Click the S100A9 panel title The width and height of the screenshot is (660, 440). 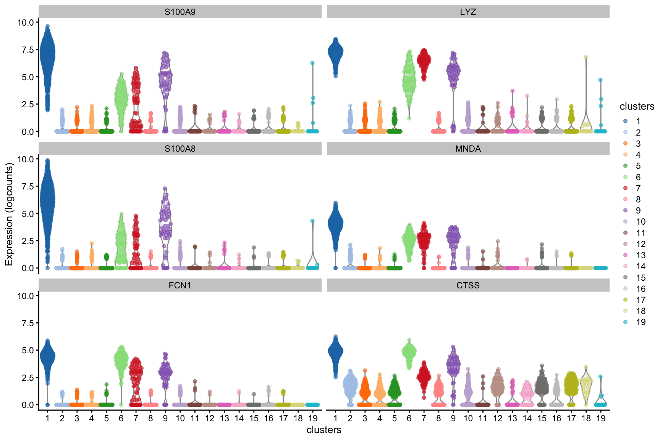(x=180, y=12)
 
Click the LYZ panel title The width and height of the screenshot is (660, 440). (x=468, y=12)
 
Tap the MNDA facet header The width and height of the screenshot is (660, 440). (x=468, y=149)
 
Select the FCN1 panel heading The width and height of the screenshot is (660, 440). (x=180, y=285)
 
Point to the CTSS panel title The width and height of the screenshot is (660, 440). (x=468, y=285)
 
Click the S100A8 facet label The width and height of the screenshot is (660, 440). (x=180, y=149)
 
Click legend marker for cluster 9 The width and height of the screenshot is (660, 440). (x=625, y=210)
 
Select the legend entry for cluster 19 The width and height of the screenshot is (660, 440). (x=625, y=322)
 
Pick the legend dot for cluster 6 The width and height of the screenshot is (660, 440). (x=625, y=177)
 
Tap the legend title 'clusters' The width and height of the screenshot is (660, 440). (x=637, y=107)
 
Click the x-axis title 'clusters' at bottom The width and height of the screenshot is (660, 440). (x=324, y=430)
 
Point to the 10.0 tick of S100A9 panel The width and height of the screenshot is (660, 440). (x=25, y=22)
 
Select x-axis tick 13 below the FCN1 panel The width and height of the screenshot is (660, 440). (x=224, y=419)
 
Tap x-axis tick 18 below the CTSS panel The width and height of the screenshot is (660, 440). (x=586, y=419)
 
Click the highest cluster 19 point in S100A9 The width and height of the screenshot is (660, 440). (x=312, y=63)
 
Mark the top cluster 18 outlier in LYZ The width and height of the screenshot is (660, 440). (x=586, y=57)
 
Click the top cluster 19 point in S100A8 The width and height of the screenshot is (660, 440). (x=312, y=221)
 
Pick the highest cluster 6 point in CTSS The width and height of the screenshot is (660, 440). (x=409, y=340)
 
